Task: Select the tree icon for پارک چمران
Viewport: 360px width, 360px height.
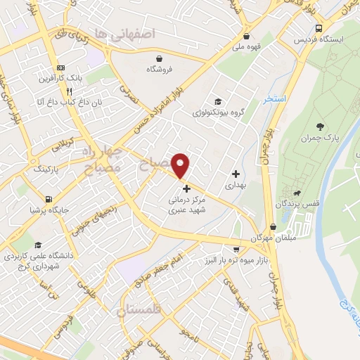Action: [321, 127]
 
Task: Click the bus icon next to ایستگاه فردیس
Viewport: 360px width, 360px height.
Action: [320, 29]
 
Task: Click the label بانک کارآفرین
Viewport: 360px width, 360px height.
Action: [60, 77]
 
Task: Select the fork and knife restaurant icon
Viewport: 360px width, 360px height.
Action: [69, 91]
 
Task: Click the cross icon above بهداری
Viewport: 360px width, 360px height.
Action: [236, 174]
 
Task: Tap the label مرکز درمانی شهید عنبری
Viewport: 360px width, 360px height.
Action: [186, 205]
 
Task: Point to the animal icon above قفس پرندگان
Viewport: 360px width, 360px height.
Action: [298, 193]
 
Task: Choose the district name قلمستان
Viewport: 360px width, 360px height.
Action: [141, 310]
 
